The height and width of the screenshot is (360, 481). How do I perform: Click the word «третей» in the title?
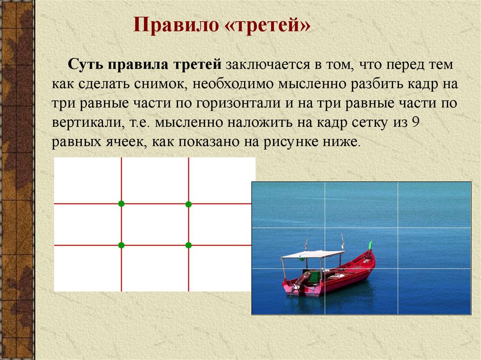[x=267, y=25]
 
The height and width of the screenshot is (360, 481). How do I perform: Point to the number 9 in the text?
[x=415, y=123]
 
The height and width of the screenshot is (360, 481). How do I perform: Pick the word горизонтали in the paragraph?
[x=238, y=103]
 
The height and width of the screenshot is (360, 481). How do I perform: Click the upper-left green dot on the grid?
[x=121, y=204]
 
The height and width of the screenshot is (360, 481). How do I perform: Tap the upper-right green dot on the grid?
[x=188, y=204]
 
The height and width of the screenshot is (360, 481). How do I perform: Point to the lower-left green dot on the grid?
[x=121, y=245]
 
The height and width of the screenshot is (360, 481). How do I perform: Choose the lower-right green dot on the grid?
[x=188, y=245]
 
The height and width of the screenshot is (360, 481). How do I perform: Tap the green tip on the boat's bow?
[x=370, y=245]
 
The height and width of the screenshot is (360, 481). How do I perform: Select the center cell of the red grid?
[x=155, y=224]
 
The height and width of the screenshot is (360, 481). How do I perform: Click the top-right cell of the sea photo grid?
[x=434, y=205]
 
